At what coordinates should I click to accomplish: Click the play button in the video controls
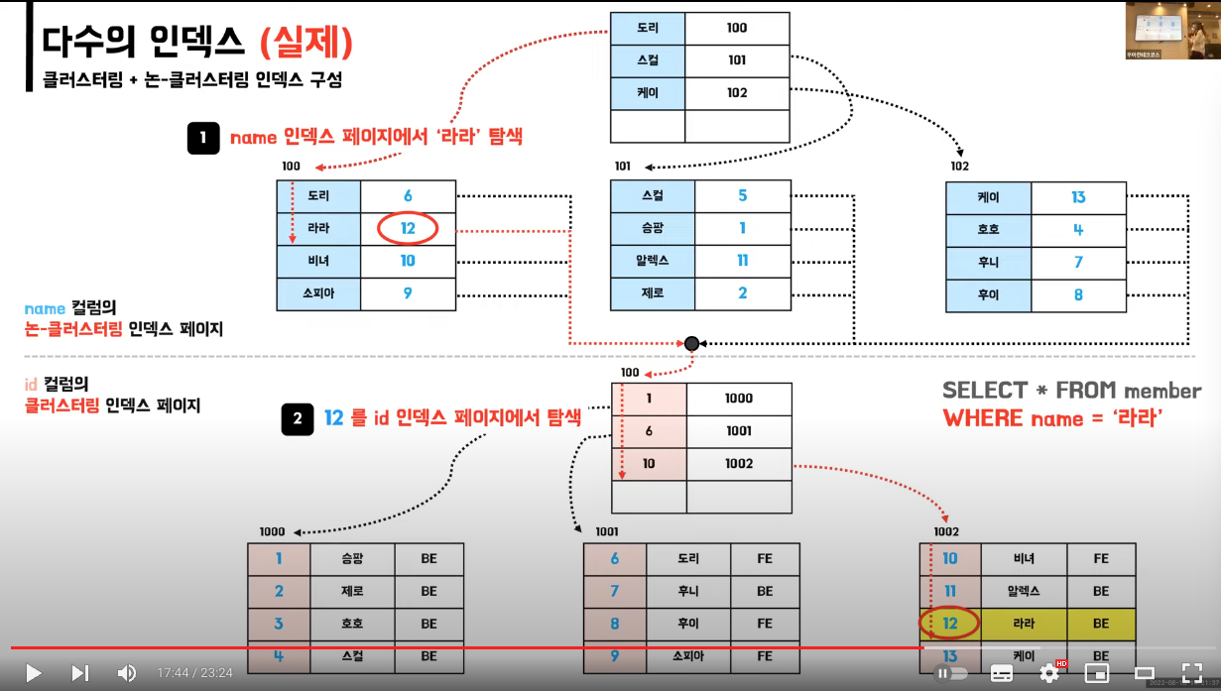34,673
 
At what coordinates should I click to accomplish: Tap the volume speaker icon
127,673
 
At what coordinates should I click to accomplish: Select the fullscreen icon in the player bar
1192,673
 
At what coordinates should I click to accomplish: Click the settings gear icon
1049,673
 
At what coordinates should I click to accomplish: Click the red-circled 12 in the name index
408,229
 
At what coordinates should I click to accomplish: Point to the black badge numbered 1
202,138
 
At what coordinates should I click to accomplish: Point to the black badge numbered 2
297,419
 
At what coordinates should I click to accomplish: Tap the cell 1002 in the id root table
739,464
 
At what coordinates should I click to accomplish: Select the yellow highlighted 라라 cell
1025,624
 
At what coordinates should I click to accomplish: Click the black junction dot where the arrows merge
691,343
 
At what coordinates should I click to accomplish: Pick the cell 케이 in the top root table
648,93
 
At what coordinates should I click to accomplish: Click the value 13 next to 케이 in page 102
1078,197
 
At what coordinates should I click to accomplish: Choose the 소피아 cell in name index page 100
319,293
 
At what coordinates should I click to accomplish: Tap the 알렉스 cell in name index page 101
653,261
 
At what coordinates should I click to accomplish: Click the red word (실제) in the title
306,43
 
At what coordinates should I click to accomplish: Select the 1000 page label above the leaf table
272,532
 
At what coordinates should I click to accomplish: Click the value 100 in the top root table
736,28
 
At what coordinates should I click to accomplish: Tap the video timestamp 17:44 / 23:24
194,673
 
